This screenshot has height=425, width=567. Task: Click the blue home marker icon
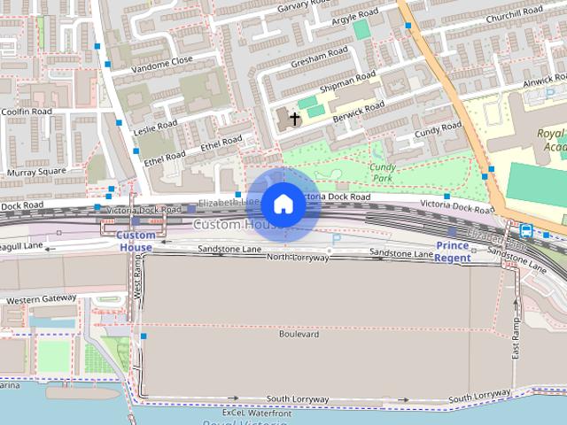(x=283, y=205)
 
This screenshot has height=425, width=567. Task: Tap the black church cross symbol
(x=294, y=118)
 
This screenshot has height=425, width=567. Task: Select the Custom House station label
(x=136, y=241)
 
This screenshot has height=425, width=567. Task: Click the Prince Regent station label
(x=453, y=251)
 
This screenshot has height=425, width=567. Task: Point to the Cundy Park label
(x=383, y=172)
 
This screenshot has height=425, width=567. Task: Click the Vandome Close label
(x=161, y=61)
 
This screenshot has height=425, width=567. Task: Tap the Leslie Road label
(x=155, y=127)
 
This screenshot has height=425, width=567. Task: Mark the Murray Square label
(x=36, y=171)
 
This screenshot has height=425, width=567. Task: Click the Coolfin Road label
(x=27, y=111)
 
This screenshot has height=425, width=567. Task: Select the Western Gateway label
(x=41, y=299)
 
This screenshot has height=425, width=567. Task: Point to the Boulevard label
(x=299, y=335)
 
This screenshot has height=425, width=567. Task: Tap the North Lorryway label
(x=297, y=257)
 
